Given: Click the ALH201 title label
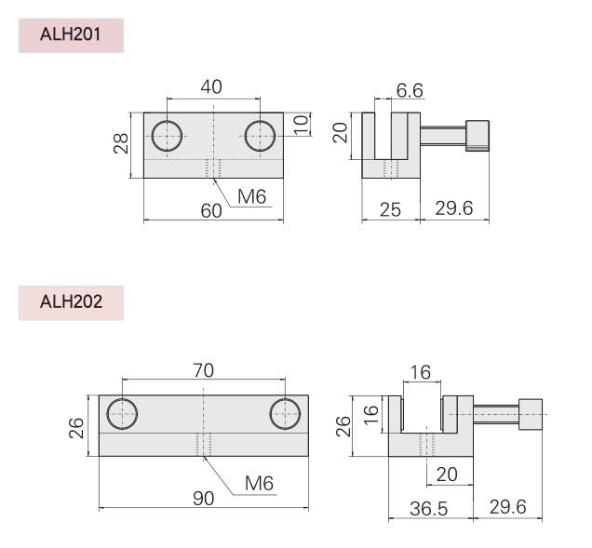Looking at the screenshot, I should [71, 36].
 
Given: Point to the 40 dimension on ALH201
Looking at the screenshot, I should [211, 87].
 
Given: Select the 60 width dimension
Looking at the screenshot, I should [211, 210].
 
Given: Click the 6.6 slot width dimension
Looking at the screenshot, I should [410, 90].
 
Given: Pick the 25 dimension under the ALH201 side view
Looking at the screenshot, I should [390, 209].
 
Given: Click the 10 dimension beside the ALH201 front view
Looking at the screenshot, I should [300, 125].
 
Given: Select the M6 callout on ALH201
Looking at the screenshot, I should [252, 195].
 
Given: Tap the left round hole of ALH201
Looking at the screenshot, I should [168, 136].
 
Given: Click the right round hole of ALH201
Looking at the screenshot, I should [260, 136].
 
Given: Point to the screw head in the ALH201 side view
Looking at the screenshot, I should [478, 135].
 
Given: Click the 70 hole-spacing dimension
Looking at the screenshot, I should [204, 370].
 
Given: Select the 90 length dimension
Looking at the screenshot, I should [202, 498].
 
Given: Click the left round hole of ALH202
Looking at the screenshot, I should [122, 413].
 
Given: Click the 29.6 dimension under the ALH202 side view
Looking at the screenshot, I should [507, 507].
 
